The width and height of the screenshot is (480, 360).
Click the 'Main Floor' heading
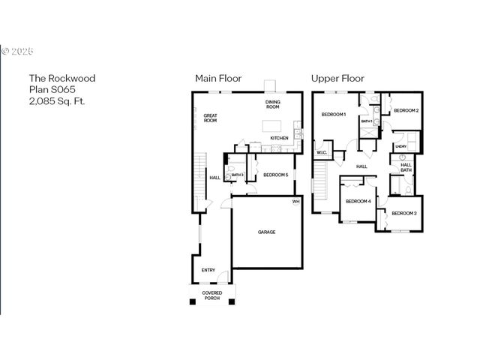(x=217, y=78)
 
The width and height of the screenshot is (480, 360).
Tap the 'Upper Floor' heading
(x=337, y=78)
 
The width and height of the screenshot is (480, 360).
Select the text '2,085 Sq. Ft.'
(x=57, y=100)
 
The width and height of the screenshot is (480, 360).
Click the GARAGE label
(x=267, y=232)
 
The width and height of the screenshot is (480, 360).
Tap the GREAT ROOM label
(x=210, y=118)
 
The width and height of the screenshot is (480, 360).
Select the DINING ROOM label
(x=273, y=104)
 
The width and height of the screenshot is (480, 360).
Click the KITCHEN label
(x=279, y=138)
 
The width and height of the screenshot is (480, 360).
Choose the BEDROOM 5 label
(x=275, y=175)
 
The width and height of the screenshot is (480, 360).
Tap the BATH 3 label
(x=238, y=175)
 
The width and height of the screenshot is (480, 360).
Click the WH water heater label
(x=295, y=201)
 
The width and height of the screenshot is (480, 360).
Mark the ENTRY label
(x=208, y=270)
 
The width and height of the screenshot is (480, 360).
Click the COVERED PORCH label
(x=212, y=295)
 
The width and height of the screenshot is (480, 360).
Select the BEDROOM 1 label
(x=333, y=114)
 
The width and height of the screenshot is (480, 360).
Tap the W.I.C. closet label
(x=322, y=154)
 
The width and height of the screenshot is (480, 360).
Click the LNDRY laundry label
(x=400, y=146)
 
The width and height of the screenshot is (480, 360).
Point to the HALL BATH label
(x=406, y=167)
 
